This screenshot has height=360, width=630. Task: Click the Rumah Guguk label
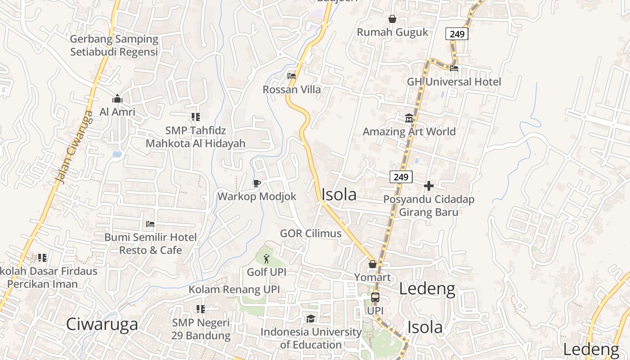392,32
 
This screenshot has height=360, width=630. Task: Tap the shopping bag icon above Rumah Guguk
392,19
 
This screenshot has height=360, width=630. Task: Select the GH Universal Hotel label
454,82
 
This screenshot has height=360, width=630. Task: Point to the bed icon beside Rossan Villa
292,76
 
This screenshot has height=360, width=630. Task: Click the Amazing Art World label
409,132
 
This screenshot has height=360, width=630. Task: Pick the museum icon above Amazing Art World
409,118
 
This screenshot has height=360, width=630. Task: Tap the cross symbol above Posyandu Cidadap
429,185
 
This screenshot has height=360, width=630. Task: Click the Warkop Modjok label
257,197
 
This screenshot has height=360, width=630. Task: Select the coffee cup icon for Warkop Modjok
256,183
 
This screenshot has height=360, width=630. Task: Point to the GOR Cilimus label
310,234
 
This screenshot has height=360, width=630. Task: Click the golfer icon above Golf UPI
266,259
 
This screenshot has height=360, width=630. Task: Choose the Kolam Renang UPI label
234,289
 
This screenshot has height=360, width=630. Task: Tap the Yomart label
373,277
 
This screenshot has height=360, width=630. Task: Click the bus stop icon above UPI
375,297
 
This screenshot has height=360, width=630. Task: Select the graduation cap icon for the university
310,319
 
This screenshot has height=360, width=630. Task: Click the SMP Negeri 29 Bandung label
201,329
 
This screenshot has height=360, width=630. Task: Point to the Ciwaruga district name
102,324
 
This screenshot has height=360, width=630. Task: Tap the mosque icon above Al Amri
117,99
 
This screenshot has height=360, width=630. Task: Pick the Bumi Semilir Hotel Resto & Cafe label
150,243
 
